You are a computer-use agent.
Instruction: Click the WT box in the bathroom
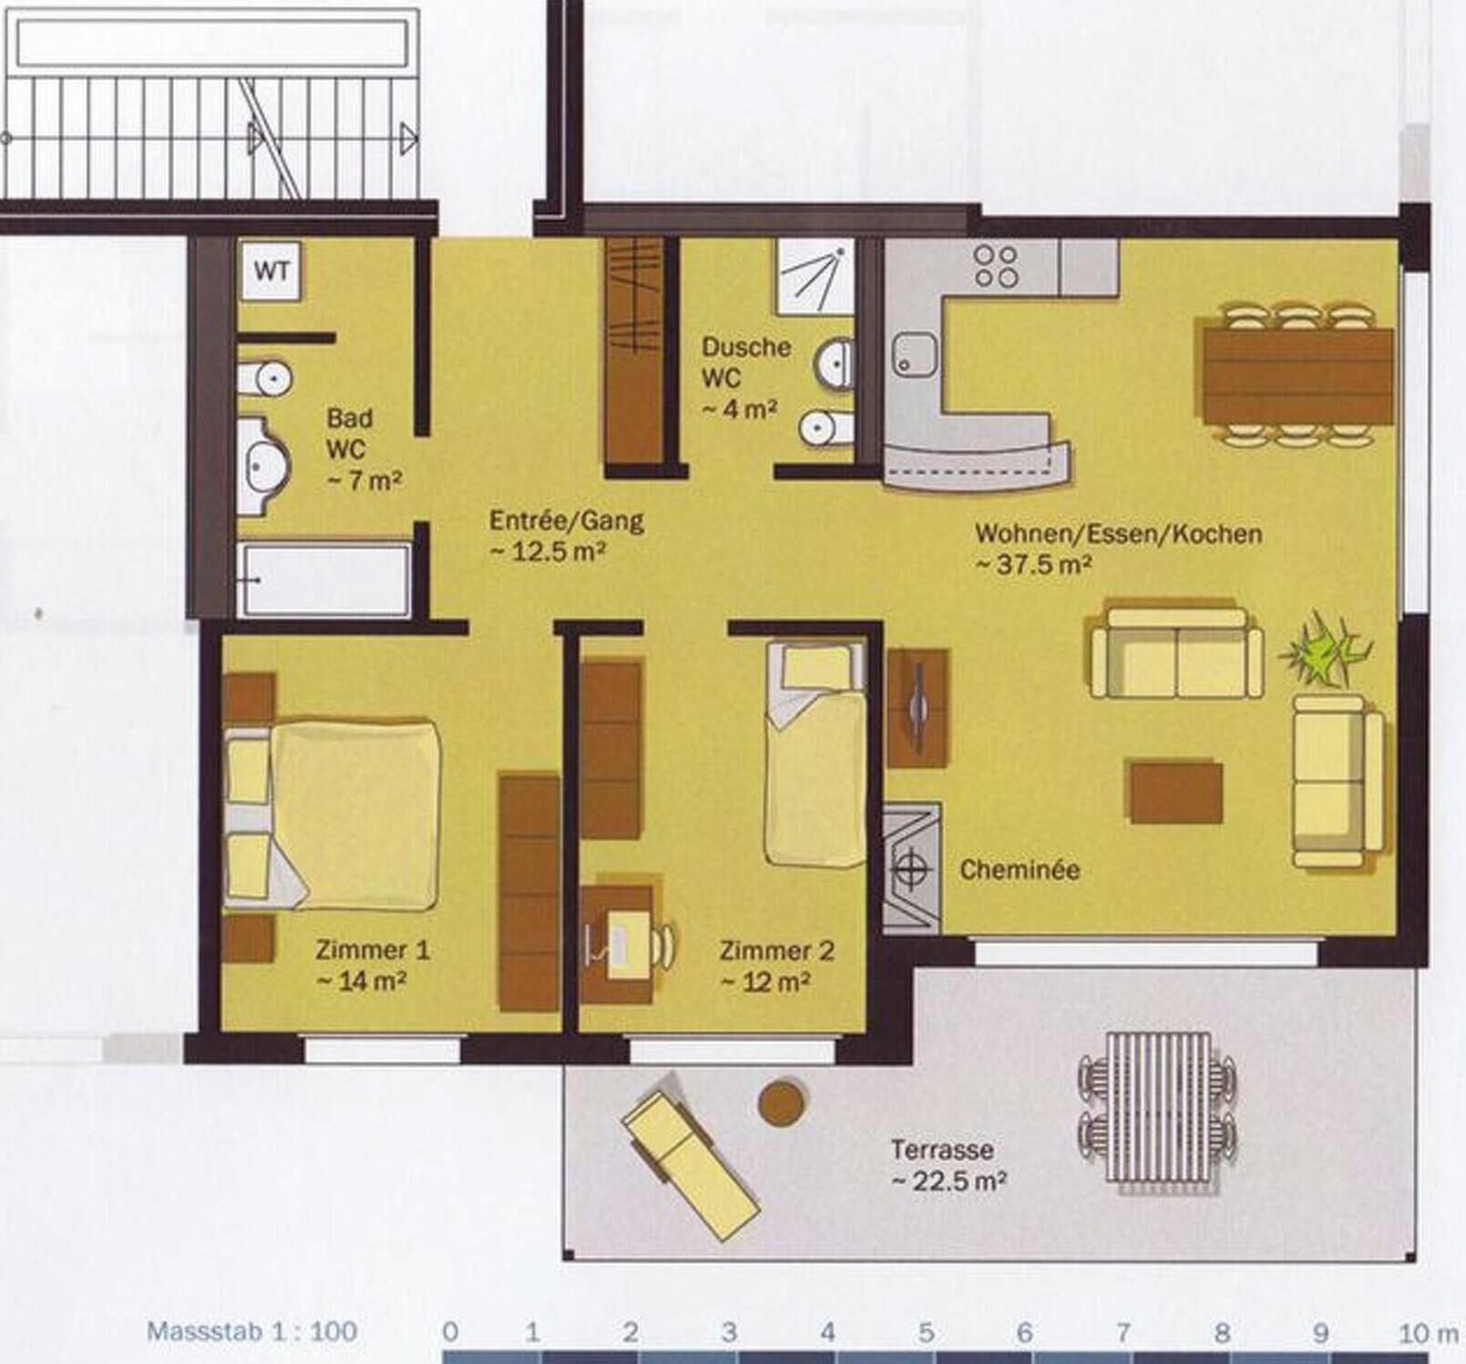click(x=271, y=271)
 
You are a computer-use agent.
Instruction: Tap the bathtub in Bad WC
click(x=323, y=579)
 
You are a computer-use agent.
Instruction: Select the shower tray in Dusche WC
click(x=815, y=276)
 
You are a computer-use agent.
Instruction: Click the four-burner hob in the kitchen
click(x=996, y=266)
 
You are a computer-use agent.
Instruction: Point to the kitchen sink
click(x=915, y=354)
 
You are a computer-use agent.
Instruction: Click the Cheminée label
click(x=1020, y=869)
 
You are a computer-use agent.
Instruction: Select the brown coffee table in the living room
click(x=1176, y=793)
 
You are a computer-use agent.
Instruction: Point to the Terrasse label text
click(x=942, y=1150)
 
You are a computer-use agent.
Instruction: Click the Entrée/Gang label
click(x=566, y=521)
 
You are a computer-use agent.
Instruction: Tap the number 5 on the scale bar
click(x=926, y=1333)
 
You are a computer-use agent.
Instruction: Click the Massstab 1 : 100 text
click(x=251, y=1331)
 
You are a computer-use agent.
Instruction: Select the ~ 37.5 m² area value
click(x=1033, y=564)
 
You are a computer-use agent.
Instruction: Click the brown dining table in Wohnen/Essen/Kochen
click(x=1297, y=375)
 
